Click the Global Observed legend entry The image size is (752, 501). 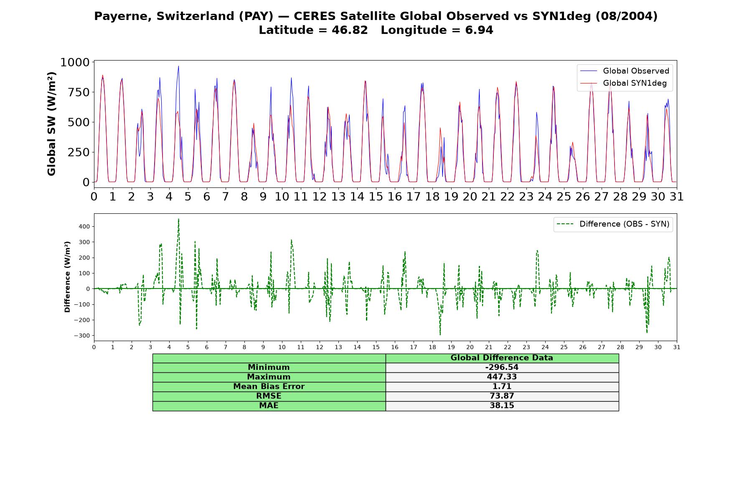pyautogui.click(x=625, y=71)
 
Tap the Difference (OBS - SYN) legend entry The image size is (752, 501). pyautogui.click(x=613, y=224)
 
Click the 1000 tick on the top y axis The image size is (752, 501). pyautogui.click(x=75, y=63)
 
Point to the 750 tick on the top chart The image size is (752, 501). pyautogui.click(x=79, y=92)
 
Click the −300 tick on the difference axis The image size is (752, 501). pyautogui.click(x=82, y=336)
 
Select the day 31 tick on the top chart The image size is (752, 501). pyautogui.click(x=677, y=197)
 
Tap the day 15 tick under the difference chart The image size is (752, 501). pyautogui.click(x=376, y=347)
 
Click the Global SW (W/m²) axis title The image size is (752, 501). pyautogui.click(x=51, y=124)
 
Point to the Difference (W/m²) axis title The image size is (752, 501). pyautogui.click(x=67, y=277)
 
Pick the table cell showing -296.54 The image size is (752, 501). pyautogui.click(x=502, y=367)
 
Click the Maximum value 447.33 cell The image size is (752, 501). pyautogui.click(x=502, y=377)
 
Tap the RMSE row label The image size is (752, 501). pyautogui.click(x=269, y=396)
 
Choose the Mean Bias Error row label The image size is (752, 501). pyautogui.click(x=269, y=387)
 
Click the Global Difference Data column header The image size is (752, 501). pyautogui.click(x=502, y=358)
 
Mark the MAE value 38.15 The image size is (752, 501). pyautogui.click(x=502, y=406)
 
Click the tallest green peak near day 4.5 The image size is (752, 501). pyautogui.click(x=178, y=219)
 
